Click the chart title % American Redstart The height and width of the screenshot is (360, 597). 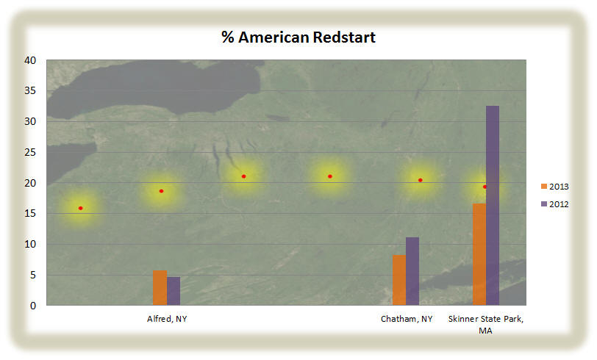coord(298,37)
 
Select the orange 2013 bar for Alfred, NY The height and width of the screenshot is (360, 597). coord(160,288)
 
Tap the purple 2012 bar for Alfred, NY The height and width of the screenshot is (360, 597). coord(174,291)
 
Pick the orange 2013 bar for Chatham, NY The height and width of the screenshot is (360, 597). coord(399,280)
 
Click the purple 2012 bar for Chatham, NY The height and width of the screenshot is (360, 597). coord(412,271)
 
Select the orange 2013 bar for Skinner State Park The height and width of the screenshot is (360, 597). coord(479,254)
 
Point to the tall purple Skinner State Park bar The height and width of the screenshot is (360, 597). coord(493,206)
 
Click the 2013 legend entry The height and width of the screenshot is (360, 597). coord(555,187)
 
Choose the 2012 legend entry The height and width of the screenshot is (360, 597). coord(555,204)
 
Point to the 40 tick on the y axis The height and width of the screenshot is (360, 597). coord(30,60)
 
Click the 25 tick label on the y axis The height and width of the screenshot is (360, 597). coord(30,152)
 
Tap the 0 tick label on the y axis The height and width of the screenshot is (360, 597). coord(33,306)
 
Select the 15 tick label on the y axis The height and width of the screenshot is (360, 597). coord(30,214)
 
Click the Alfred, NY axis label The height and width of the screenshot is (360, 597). coord(167,319)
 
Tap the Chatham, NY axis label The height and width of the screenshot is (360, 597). coord(407,319)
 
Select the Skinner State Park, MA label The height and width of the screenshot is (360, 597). coord(486,324)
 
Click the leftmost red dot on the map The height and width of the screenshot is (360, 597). coord(80,208)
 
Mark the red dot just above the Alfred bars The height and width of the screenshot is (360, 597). coord(161,191)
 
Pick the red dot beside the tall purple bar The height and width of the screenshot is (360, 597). coord(485,187)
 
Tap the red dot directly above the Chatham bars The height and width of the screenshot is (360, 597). coord(421,180)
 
